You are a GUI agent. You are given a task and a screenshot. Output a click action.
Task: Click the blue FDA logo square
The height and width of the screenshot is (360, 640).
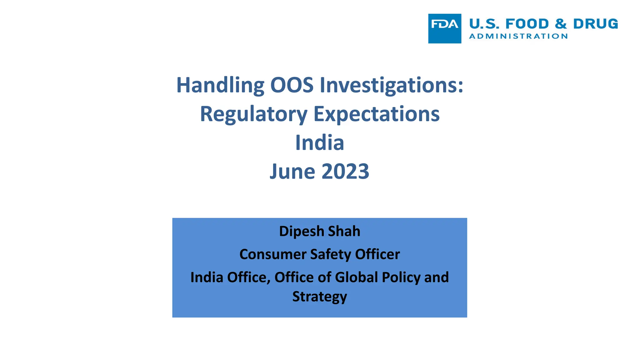[444, 28]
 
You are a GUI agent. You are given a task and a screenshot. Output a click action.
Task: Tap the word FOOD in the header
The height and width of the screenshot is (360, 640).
[527, 24]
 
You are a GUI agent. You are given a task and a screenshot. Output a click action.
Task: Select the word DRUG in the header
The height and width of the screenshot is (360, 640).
[595, 24]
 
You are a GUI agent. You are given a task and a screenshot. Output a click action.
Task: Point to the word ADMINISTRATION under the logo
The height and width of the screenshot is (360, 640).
[518, 36]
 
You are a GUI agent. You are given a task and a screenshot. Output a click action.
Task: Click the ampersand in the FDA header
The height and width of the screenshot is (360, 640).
[561, 24]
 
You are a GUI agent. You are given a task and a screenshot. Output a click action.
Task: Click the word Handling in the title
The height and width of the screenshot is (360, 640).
[220, 85]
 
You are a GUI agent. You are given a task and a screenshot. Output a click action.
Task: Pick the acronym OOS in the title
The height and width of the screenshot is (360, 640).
[292, 85]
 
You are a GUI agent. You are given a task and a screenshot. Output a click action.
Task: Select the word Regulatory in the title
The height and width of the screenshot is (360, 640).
[253, 114]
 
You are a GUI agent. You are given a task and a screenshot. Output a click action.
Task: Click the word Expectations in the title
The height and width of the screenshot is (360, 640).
[377, 114]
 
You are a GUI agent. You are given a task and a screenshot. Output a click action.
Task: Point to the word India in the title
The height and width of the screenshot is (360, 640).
[320, 142]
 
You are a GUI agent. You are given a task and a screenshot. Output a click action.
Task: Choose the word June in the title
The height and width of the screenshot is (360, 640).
[292, 171]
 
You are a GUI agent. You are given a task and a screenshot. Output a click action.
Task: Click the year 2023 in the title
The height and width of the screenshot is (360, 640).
[345, 171]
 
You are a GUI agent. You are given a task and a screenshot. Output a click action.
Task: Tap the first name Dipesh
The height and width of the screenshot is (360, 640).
[302, 232]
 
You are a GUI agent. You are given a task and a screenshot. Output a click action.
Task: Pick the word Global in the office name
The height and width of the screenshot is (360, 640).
[357, 277]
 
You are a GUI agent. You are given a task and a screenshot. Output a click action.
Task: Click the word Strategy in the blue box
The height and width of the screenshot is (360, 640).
[319, 297]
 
